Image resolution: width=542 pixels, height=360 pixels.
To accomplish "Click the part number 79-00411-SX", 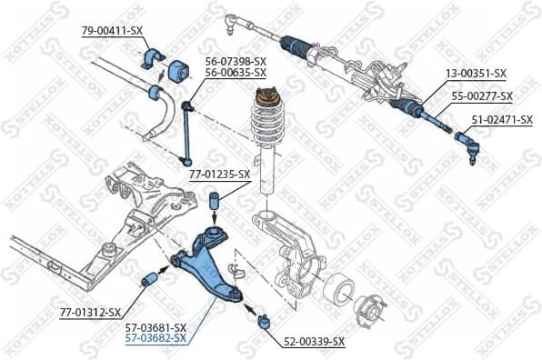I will pos(112,31).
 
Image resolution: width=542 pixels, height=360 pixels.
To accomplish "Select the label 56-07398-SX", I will pos(236,61).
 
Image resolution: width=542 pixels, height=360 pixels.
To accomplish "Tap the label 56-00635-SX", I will pos(236,72).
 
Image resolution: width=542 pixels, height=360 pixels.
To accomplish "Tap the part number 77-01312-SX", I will pos(90,312).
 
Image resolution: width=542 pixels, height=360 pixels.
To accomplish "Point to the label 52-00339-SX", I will pos(314,342).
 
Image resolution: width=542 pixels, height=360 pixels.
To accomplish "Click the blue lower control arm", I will pos(209,264).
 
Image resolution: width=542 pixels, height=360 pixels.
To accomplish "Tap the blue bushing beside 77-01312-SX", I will pos(149,281).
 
